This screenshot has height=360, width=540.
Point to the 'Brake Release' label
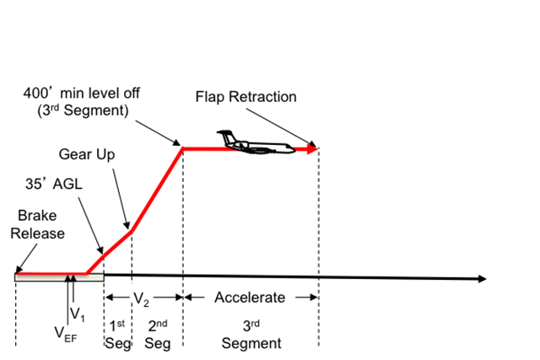37,225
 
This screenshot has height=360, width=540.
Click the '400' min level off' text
78,93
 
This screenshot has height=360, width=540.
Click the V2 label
143,298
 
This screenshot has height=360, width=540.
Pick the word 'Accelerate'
250,298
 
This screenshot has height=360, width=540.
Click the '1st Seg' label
116,335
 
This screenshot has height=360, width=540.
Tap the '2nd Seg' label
156,335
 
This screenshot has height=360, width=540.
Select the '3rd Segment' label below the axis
251,335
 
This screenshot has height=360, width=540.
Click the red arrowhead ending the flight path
313,149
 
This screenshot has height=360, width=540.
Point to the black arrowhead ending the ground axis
482,278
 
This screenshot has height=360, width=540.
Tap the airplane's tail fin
224,135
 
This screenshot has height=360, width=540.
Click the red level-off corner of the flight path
183,149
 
